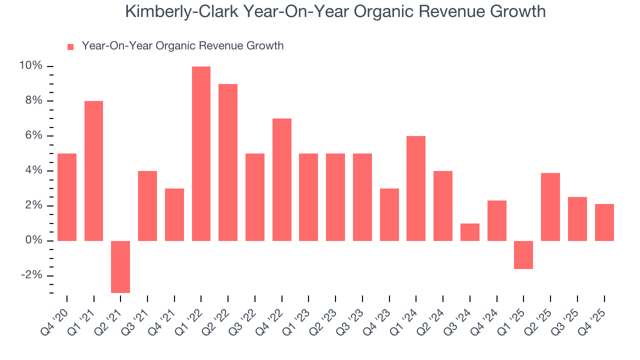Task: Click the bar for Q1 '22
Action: coord(201,153)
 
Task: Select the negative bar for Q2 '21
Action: coord(120,266)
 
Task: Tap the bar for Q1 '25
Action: coord(523,254)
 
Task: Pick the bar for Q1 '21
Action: coord(93,171)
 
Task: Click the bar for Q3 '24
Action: coord(470,232)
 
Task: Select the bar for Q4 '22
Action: coord(282,179)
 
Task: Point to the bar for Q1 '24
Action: coord(416,188)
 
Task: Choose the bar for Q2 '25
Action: coord(550,207)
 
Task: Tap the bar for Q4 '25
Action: coord(604,222)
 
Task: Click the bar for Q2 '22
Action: coord(228,162)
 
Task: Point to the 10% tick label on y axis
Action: coord(30,66)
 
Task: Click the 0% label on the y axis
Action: coord(34,241)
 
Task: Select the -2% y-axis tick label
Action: coord(32,276)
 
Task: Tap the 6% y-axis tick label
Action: coord(34,136)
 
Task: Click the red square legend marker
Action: coord(70,47)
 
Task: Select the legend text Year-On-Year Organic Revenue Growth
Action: coord(182,46)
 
